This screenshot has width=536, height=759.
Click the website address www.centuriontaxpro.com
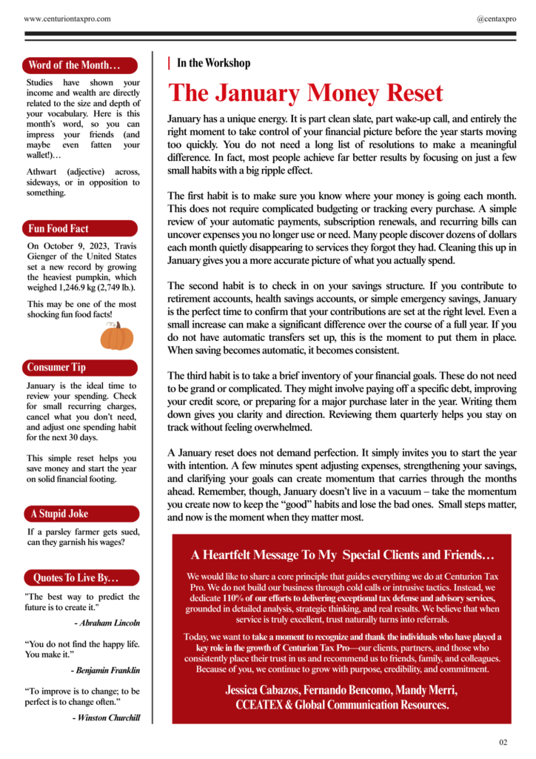click(68, 18)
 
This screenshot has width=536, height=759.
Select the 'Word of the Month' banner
click(79, 64)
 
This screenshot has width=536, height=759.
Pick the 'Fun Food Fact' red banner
click(79, 228)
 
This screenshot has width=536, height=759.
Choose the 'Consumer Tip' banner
click(79, 368)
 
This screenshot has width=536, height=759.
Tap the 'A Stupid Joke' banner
click(79, 514)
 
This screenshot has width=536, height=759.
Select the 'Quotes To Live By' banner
click(79, 577)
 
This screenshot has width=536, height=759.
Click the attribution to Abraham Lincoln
click(107, 623)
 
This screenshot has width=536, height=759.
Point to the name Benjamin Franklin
click(105, 670)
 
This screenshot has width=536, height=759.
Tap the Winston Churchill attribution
click(106, 717)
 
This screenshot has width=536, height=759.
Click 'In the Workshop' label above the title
click(213, 64)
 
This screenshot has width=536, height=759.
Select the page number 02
click(503, 742)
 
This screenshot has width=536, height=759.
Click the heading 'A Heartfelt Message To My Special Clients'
click(342, 554)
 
